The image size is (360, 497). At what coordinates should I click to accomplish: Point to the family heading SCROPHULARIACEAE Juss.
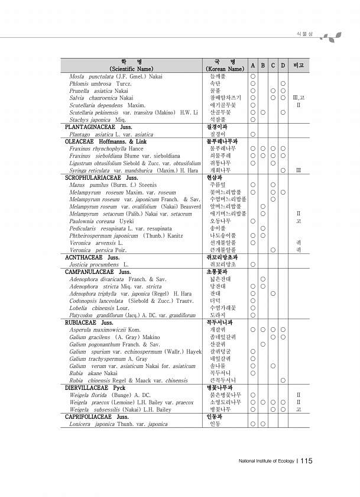coord(101,177)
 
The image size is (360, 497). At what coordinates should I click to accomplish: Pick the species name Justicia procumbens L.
coord(99,264)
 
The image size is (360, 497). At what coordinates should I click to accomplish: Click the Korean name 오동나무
coord(218,221)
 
